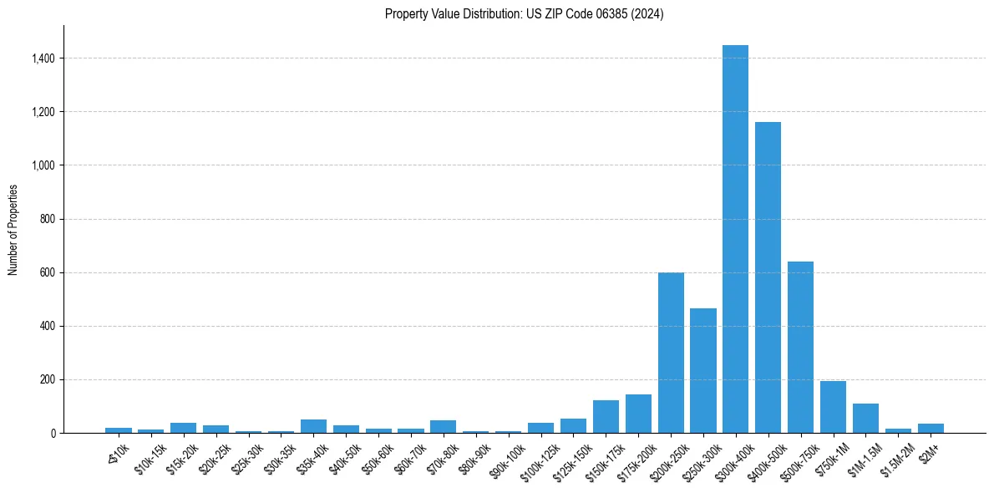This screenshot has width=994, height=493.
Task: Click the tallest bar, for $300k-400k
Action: (x=735, y=239)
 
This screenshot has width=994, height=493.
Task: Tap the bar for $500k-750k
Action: (x=800, y=347)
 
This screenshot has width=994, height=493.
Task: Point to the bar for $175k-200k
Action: (x=638, y=414)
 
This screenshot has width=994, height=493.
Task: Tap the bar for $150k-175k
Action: (x=606, y=416)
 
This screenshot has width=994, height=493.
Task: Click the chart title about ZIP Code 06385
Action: (x=524, y=14)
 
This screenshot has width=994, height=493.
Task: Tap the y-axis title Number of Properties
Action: (x=13, y=229)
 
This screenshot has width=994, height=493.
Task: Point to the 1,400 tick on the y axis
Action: (x=43, y=58)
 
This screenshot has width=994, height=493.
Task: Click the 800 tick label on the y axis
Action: (x=48, y=219)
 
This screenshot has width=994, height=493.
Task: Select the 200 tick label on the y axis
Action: (x=48, y=379)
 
